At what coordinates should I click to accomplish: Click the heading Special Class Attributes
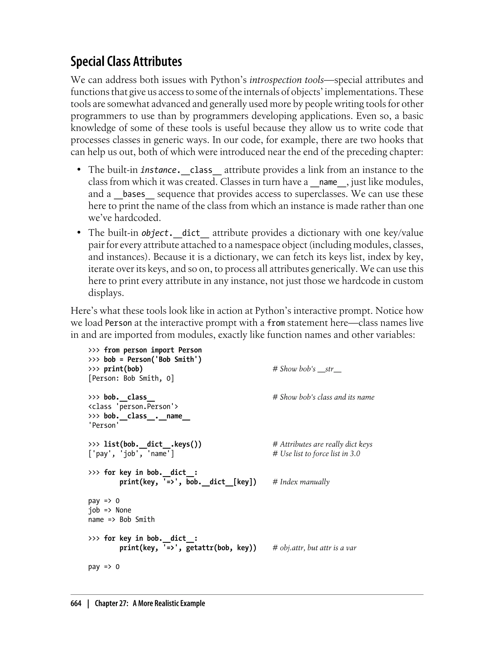coord(126,61)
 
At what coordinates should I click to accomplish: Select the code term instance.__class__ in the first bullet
coord(181,170)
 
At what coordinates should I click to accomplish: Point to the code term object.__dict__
coord(175,233)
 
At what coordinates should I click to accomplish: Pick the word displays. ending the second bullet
coord(106,293)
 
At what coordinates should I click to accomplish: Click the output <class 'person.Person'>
coord(133,407)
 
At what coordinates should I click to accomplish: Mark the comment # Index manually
coord(301,482)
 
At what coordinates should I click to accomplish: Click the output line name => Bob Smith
coord(121,520)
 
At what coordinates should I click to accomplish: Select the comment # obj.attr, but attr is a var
coord(315,548)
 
